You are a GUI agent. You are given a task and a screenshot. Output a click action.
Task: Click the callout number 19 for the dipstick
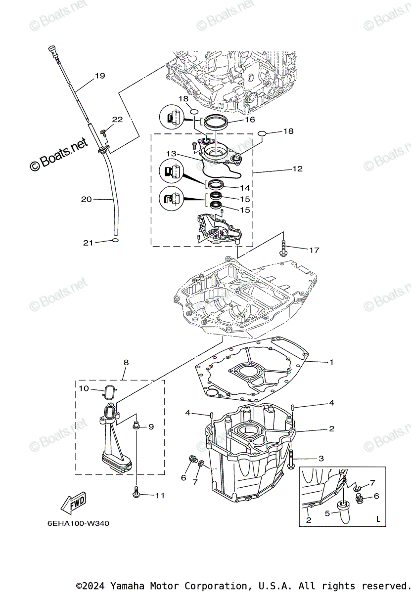(100, 76)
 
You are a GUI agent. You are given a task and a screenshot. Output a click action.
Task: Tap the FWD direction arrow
(73, 503)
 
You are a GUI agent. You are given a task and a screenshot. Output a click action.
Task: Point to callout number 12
(297, 169)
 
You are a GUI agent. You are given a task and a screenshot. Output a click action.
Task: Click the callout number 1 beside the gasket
(331, 362)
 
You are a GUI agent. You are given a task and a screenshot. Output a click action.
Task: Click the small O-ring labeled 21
(115, 241)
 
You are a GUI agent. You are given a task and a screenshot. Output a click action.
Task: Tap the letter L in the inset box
(378, 519)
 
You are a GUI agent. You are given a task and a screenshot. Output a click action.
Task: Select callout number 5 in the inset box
(326, 513)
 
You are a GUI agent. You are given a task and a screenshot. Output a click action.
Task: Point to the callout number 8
(126, 363)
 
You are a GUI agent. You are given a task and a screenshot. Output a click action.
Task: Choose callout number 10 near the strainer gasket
(84, 388)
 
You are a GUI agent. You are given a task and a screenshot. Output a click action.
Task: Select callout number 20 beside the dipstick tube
(87, 199)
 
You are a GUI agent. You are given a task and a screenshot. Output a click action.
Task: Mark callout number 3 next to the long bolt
(321, 459)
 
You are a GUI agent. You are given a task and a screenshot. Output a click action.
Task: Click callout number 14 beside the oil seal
(245, 188)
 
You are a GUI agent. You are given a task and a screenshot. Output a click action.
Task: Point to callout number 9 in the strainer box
(151, 426)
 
